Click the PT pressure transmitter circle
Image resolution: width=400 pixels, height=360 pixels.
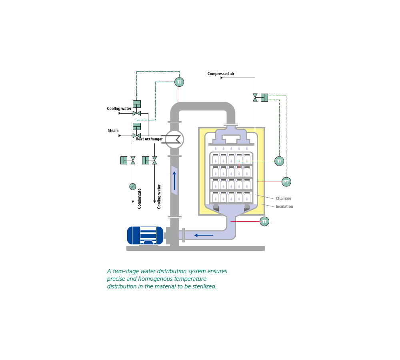[x=286, y=182]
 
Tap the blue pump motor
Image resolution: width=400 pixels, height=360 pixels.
[x=145, y=236]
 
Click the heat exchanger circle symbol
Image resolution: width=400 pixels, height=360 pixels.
[x=174, y=139]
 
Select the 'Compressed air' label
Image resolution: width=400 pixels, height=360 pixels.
[x=221, y=74]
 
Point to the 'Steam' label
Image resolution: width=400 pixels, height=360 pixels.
[x=113, y=131]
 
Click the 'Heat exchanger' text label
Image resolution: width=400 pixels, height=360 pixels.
[x=149, y=139]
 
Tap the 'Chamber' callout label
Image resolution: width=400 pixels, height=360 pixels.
[x=284, y=198]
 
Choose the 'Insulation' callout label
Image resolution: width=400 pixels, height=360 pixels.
[x=284, y=207]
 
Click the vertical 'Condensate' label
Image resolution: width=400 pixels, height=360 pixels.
[x=139, y=199]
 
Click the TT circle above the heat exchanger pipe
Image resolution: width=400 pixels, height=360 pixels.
[x=179, y=82]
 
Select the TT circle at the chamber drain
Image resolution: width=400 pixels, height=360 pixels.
[x=264, y=221]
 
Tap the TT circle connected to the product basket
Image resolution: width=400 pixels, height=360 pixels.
[x=279, y=161]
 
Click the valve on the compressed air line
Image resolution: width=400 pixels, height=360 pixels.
[x=255, y=98]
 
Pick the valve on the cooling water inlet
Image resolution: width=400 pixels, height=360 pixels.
[x=137, y=113]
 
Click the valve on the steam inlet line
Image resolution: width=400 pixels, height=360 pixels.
[x=137, y=136]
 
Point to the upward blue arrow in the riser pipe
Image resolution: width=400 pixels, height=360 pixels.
[x=174, y=181]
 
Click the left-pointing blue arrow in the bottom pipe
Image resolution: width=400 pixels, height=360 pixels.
[x=204, y=235]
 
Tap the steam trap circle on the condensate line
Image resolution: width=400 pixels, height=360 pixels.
[x=133, y=186]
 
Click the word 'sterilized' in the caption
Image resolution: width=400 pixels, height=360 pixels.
[x=204, y=286]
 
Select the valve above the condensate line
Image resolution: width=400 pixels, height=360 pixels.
[x=133, y=160]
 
